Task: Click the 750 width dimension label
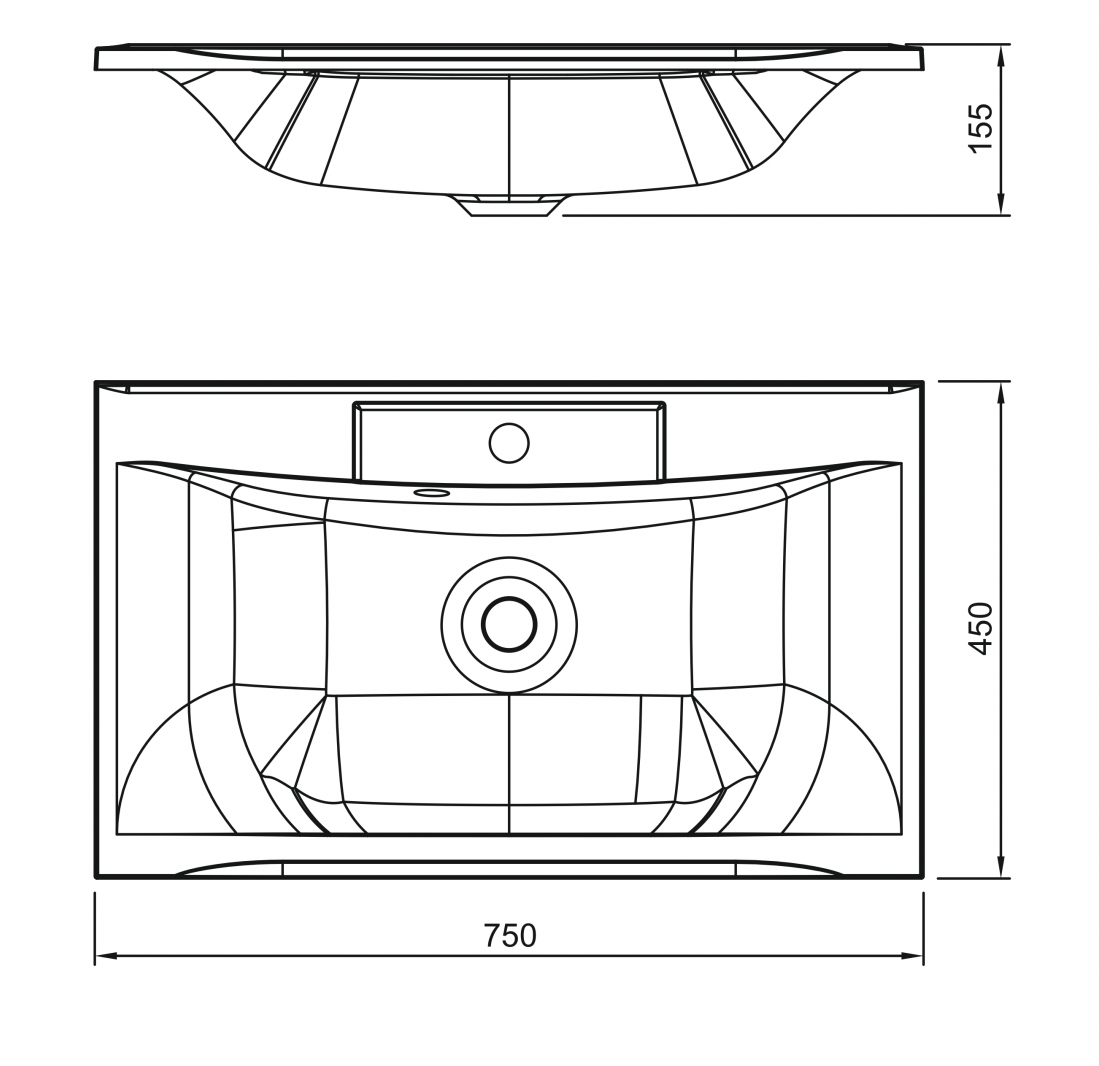[x=510, y=936]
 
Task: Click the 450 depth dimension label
[x=980, y=629]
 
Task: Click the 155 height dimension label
[x=980, y=127]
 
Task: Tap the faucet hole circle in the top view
[x=509, y=443]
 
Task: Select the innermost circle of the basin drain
[x=510, y=624]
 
